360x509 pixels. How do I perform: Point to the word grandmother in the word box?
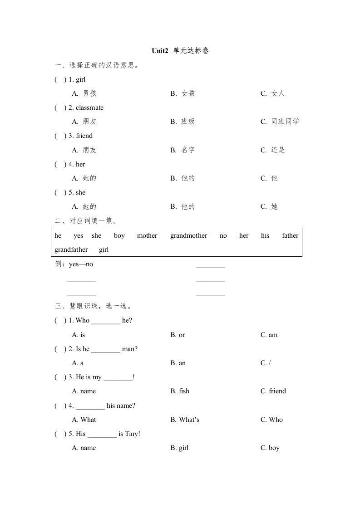(x=188, y=235)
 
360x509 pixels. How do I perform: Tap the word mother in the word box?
(x=147, y=235)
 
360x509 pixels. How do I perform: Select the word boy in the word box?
(x=119, y=235)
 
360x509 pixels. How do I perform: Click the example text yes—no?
(x=80, y=264)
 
